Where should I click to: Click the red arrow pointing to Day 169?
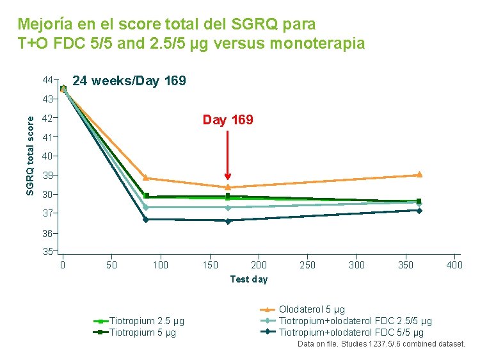tap(227, 155)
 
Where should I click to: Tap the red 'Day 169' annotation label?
tap(228, 120)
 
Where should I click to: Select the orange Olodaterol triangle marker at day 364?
tap(419, 174)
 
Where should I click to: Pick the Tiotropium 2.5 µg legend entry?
tap(139, 321)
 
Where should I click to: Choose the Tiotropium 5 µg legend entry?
tap(134, 332)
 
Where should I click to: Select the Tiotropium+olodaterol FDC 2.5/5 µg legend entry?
tap(346, 321)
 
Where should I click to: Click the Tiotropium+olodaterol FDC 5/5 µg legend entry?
tap(342, 332)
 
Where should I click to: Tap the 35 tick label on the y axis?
tap(47, 252)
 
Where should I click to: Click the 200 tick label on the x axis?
tap(259, 265)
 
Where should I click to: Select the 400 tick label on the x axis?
tap(454, 265)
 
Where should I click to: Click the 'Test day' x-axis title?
tap(249, 279)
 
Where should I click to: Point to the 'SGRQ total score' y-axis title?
tap(29, 156)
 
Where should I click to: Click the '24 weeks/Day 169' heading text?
tap(129, 81)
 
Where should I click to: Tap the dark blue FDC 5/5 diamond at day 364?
tap(419, 211)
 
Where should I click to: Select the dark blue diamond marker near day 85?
tap(146, 219)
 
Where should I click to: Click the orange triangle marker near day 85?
tap(146, 177)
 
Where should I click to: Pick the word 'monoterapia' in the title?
tap(317, 43)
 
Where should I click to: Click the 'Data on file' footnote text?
tap(381, 344)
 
